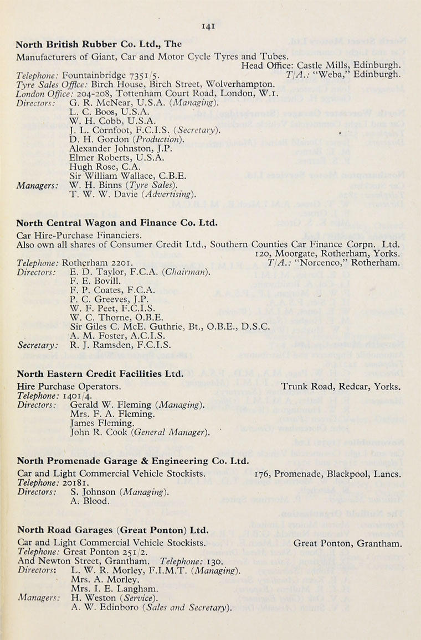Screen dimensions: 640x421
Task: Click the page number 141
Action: point(209,25)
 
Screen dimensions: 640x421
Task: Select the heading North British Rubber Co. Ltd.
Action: point(99,45)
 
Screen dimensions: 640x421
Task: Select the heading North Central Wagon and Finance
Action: point(117,223)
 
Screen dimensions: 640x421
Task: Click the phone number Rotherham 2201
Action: point(97,263)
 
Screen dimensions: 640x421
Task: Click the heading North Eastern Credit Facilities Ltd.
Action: point(100,374)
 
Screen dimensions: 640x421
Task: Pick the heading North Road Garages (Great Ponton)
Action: point(113,530)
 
